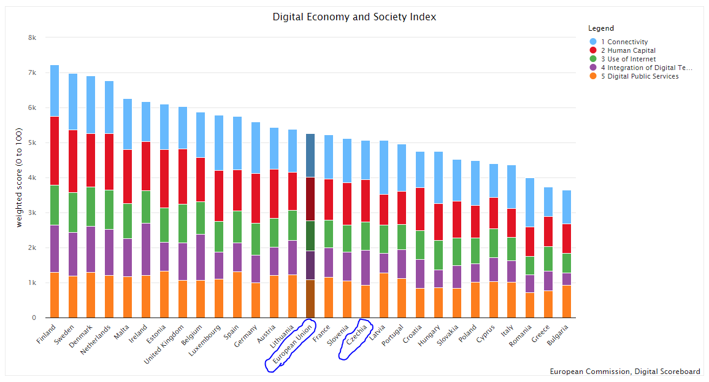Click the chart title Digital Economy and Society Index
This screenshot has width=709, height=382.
tap(354, 17)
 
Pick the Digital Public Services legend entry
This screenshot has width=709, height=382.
tap(640, 76)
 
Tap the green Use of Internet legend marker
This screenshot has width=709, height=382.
tap(592, 59)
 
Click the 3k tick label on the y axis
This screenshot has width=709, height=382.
tap(33, 212)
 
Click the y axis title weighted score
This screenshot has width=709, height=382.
tap(20, 177)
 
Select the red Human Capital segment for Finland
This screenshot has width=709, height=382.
tap(55, 150)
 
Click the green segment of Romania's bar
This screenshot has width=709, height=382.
tap(530, 265)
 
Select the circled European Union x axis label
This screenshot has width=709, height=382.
tap(291, 345)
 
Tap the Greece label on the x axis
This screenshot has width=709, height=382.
tap(540, 335)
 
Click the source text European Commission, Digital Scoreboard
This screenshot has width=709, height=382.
tap(624, 372)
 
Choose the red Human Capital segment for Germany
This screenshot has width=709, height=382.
tap(256, 198)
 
